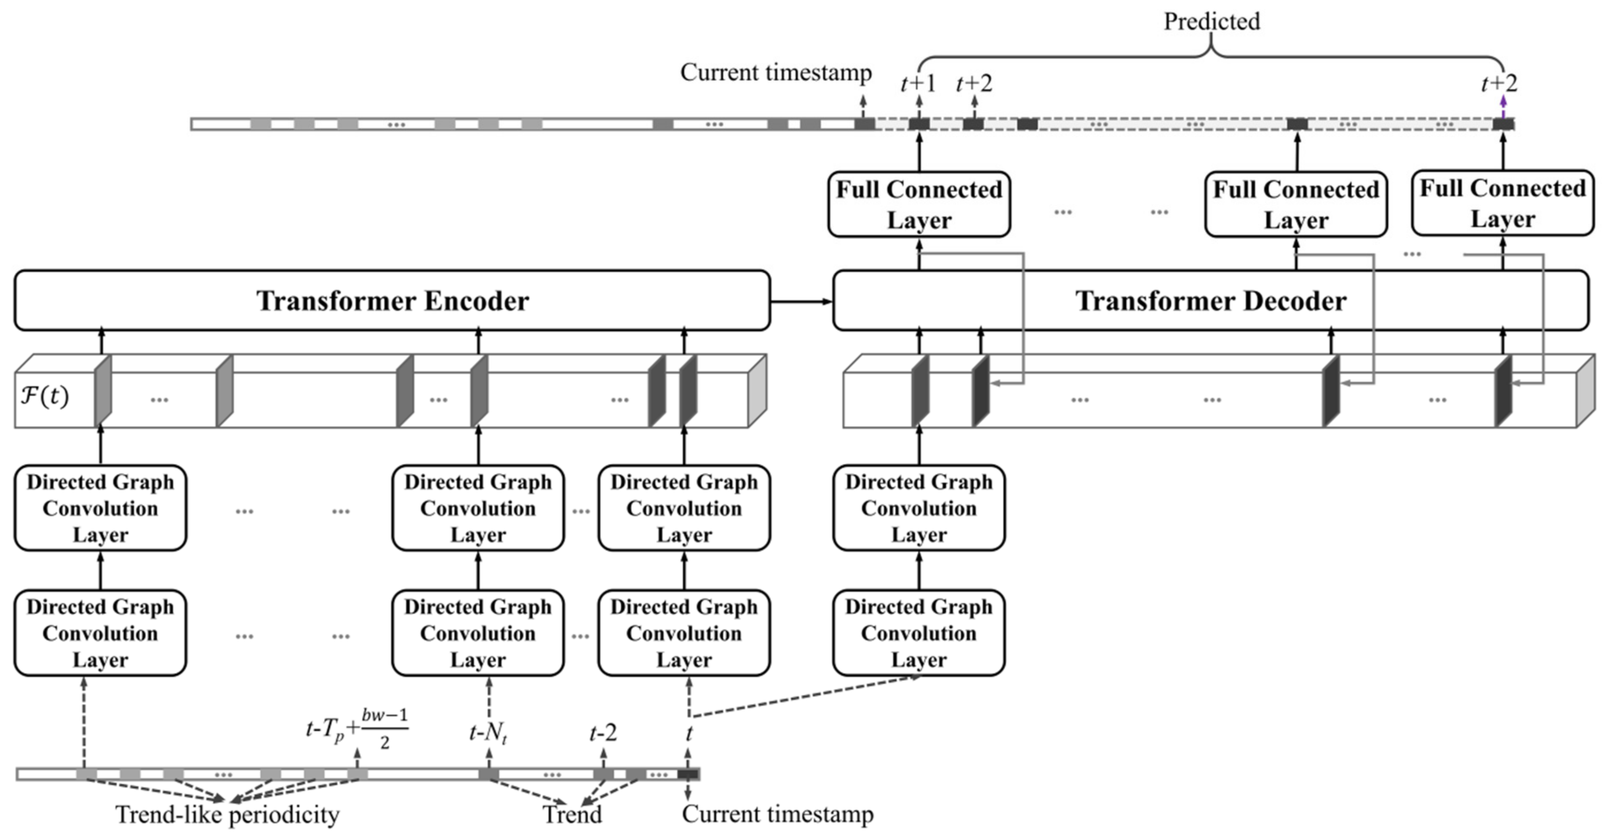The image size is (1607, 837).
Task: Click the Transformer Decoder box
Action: coord(1211,300)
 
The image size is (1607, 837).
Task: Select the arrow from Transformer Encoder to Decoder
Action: coord(802,302)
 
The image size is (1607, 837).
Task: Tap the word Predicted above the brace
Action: coord(1212,21)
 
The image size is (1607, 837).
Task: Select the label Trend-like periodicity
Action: coord(228,814)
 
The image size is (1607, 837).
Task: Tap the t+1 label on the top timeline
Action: coord(918,83)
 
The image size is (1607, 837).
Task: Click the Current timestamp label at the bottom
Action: coord(777,813)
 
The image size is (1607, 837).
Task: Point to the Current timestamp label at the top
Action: coord(776,72)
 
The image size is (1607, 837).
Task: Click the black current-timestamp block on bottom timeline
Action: coord(688,774)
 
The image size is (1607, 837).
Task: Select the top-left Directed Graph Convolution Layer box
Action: coord(100,508)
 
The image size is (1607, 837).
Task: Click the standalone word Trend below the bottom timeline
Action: coord(572,814)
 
